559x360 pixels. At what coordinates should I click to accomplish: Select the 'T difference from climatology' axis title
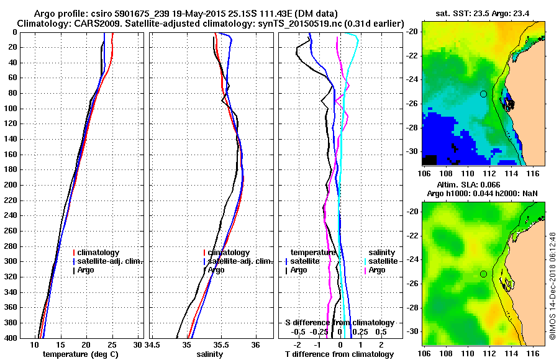pyautogui.click(x=339, y=354)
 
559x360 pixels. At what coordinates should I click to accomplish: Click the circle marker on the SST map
pyautogui.click(x=483, y=94)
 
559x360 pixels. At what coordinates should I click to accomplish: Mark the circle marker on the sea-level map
pyautogui.click(x=483, y=274)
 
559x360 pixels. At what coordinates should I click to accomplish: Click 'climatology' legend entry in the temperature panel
pyautogui.click(x=102, y=253)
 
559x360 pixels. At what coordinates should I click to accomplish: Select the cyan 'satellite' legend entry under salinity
pyautogui.click(x=384, y=261)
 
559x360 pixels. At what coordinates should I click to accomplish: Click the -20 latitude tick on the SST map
pyautogui.click(x=412, y=31)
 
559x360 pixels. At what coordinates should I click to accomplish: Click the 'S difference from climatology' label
pyautogui.click(x=339, y=323)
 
